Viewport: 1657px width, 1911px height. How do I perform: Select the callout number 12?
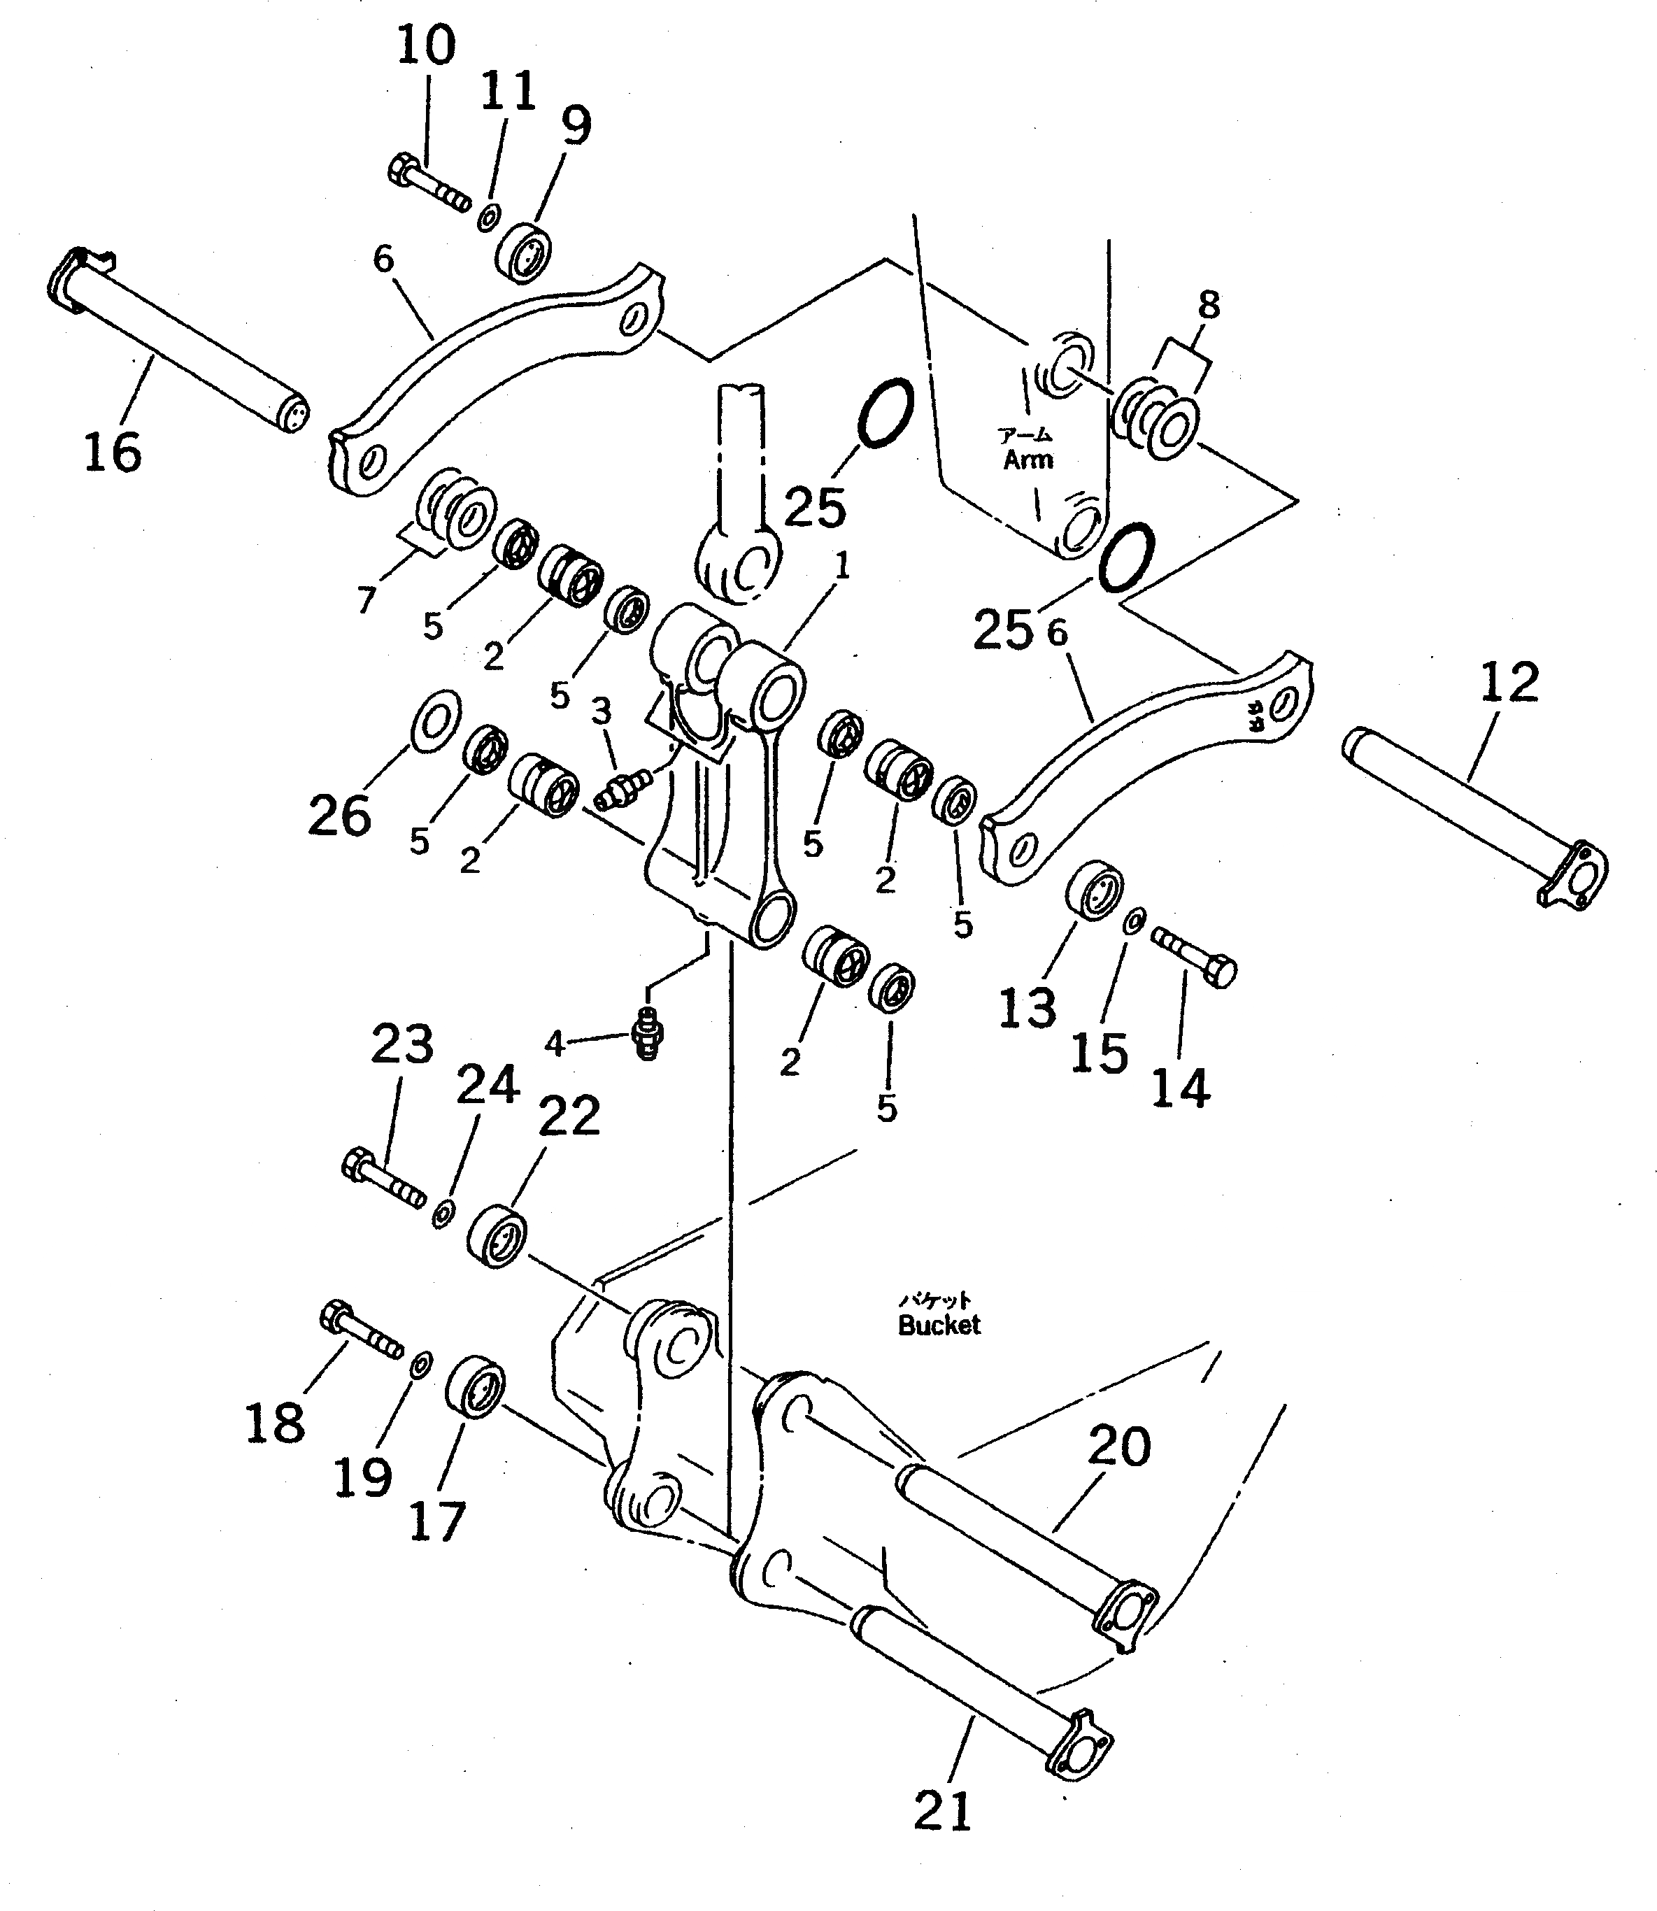(1509, 682)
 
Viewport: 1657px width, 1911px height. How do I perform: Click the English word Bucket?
(939, 1325)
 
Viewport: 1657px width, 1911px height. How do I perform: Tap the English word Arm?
(1027, 460)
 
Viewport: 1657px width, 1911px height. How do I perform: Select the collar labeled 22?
(497, 1236)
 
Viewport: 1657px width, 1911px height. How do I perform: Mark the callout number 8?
(1208, 304)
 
